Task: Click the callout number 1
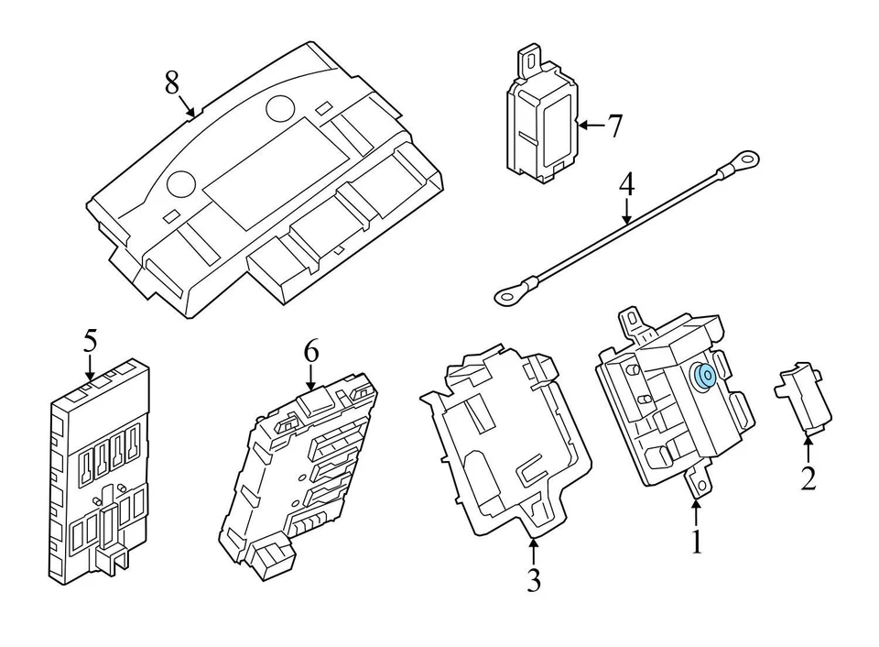(696, 542)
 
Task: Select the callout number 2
(808, 477)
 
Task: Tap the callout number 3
(534, 580)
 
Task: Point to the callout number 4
(626, 183)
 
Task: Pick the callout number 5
(90, 341)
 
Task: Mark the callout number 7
(614, 126)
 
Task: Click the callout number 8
(171, 82)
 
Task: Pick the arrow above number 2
(808, 449)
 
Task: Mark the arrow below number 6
(311, 377)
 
